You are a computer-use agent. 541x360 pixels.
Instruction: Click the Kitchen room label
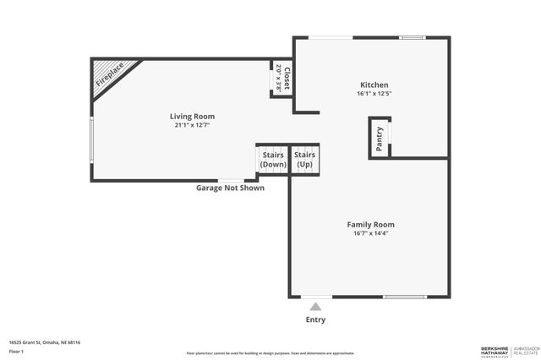coord(374,85)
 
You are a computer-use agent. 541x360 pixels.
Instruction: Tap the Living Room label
coord(192,116)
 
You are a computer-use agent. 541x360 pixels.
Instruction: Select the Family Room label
coord(370,224)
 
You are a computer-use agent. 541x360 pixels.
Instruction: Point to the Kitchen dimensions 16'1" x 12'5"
coord(374,94)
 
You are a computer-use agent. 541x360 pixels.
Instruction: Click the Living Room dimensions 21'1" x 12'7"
coord(192,125)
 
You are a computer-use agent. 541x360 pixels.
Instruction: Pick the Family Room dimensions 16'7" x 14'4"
coord(370,233)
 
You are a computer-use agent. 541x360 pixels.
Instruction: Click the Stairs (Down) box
coord(273,159)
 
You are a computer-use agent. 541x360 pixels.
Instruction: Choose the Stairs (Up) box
coord(304,159)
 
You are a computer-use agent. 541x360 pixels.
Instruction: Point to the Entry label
coord(315,319)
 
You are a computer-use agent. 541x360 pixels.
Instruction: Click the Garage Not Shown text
coord(230,188)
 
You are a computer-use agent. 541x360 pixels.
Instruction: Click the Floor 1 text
coord(17,351)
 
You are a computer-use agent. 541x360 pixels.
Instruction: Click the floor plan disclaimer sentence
coord(270,353)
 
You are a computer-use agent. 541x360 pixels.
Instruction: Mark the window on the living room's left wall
coord(91,139)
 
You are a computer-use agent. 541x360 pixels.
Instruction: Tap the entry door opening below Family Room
coord(315,297)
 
